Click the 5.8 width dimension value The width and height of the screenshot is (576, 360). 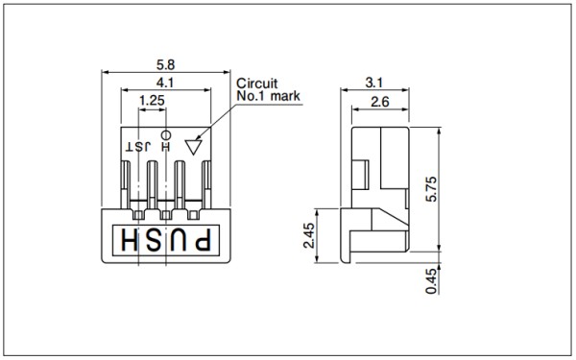click(166, 65)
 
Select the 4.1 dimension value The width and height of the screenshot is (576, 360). click(165, 83)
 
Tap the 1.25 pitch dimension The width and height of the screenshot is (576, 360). click(152, 100)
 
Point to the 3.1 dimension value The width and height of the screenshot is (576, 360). click(374, 83)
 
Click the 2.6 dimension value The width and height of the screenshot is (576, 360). click(380, 102)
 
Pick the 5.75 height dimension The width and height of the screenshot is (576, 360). click(432, 189)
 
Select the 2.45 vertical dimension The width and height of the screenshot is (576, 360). click(309, 235)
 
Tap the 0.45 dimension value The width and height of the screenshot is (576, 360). click(432, 281)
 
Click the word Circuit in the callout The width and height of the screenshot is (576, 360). click(256, 84)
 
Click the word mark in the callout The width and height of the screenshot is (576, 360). click(285, 96)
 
